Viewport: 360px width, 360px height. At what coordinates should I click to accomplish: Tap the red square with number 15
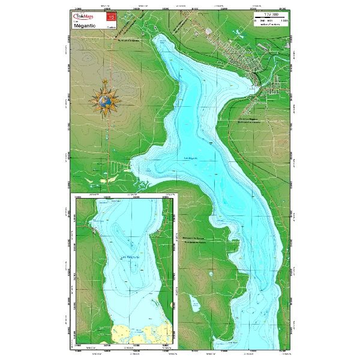point(111,19)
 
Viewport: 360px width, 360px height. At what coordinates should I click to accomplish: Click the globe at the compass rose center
point(107,101)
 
